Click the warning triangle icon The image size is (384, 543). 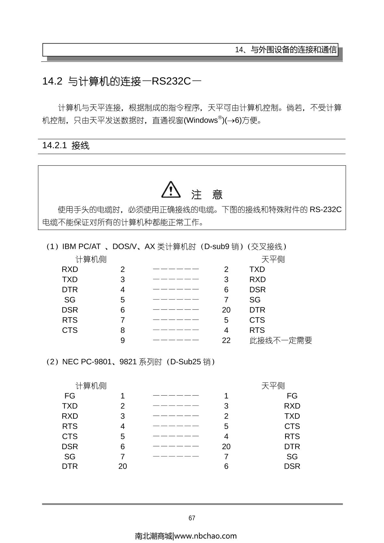click(171, 190)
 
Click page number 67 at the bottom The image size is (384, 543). click(192, 518)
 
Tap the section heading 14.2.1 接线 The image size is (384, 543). click(66, 146)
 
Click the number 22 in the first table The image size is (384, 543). click(226, 340)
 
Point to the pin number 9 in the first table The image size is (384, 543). click(123, 340)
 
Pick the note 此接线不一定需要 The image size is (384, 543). click(281, 340)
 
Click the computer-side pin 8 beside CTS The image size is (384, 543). click(123, 330)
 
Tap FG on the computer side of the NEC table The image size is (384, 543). click(70, 396)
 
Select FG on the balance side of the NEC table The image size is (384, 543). click(292, 396)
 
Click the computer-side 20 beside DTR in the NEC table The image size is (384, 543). click(123, 466)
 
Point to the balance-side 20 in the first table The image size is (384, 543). click(226, 310)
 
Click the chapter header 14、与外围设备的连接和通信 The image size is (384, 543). click(286, 50)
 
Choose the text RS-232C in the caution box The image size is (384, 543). click(325, 210)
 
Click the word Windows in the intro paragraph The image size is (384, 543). click(202, 121)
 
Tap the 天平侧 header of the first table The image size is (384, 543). click(273, 259)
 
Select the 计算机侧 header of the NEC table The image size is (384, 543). click(91, 386)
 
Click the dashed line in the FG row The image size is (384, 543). click(176, 396)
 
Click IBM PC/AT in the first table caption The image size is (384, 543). click(81, 247)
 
